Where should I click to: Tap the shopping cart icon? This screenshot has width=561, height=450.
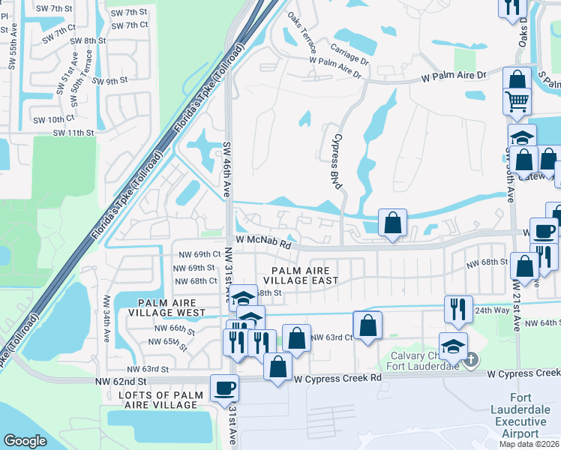tap(517, 100)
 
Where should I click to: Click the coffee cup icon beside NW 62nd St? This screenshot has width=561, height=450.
tap(224, 388)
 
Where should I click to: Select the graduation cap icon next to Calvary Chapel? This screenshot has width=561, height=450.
tap(453, 346)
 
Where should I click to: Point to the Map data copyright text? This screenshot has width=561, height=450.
tap(529, 444)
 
